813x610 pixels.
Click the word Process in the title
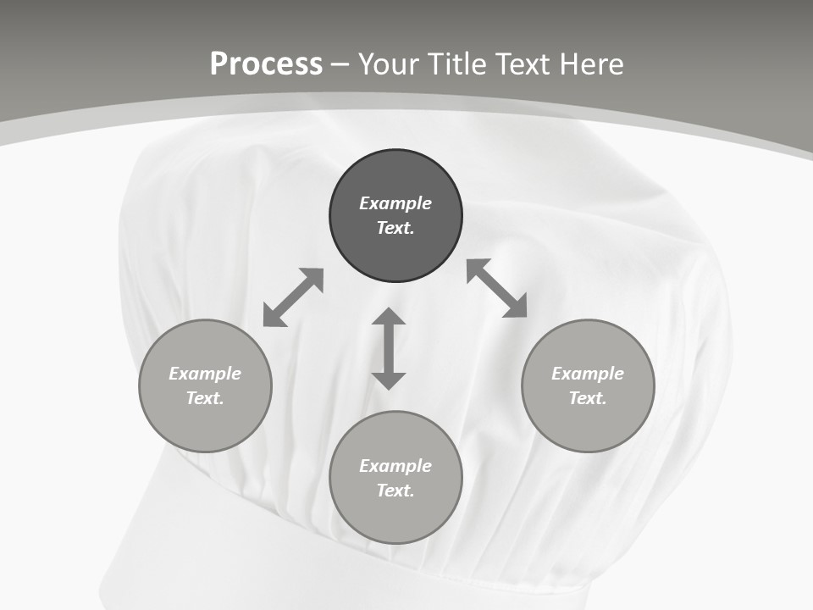(266, 64)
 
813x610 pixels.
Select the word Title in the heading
(460, 64)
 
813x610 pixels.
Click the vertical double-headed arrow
(389, 348)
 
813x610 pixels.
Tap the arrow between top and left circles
(293, 297)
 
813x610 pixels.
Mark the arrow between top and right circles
(497, 288)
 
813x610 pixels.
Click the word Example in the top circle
(395, 203)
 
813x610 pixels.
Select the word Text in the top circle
(395, 228)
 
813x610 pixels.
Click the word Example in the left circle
(205, 374)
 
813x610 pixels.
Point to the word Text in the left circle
(205, 398)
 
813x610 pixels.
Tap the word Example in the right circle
(588, 374)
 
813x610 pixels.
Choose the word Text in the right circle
(588, 398)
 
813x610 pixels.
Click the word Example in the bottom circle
(395, 466)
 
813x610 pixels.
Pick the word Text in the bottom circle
(395, 491)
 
